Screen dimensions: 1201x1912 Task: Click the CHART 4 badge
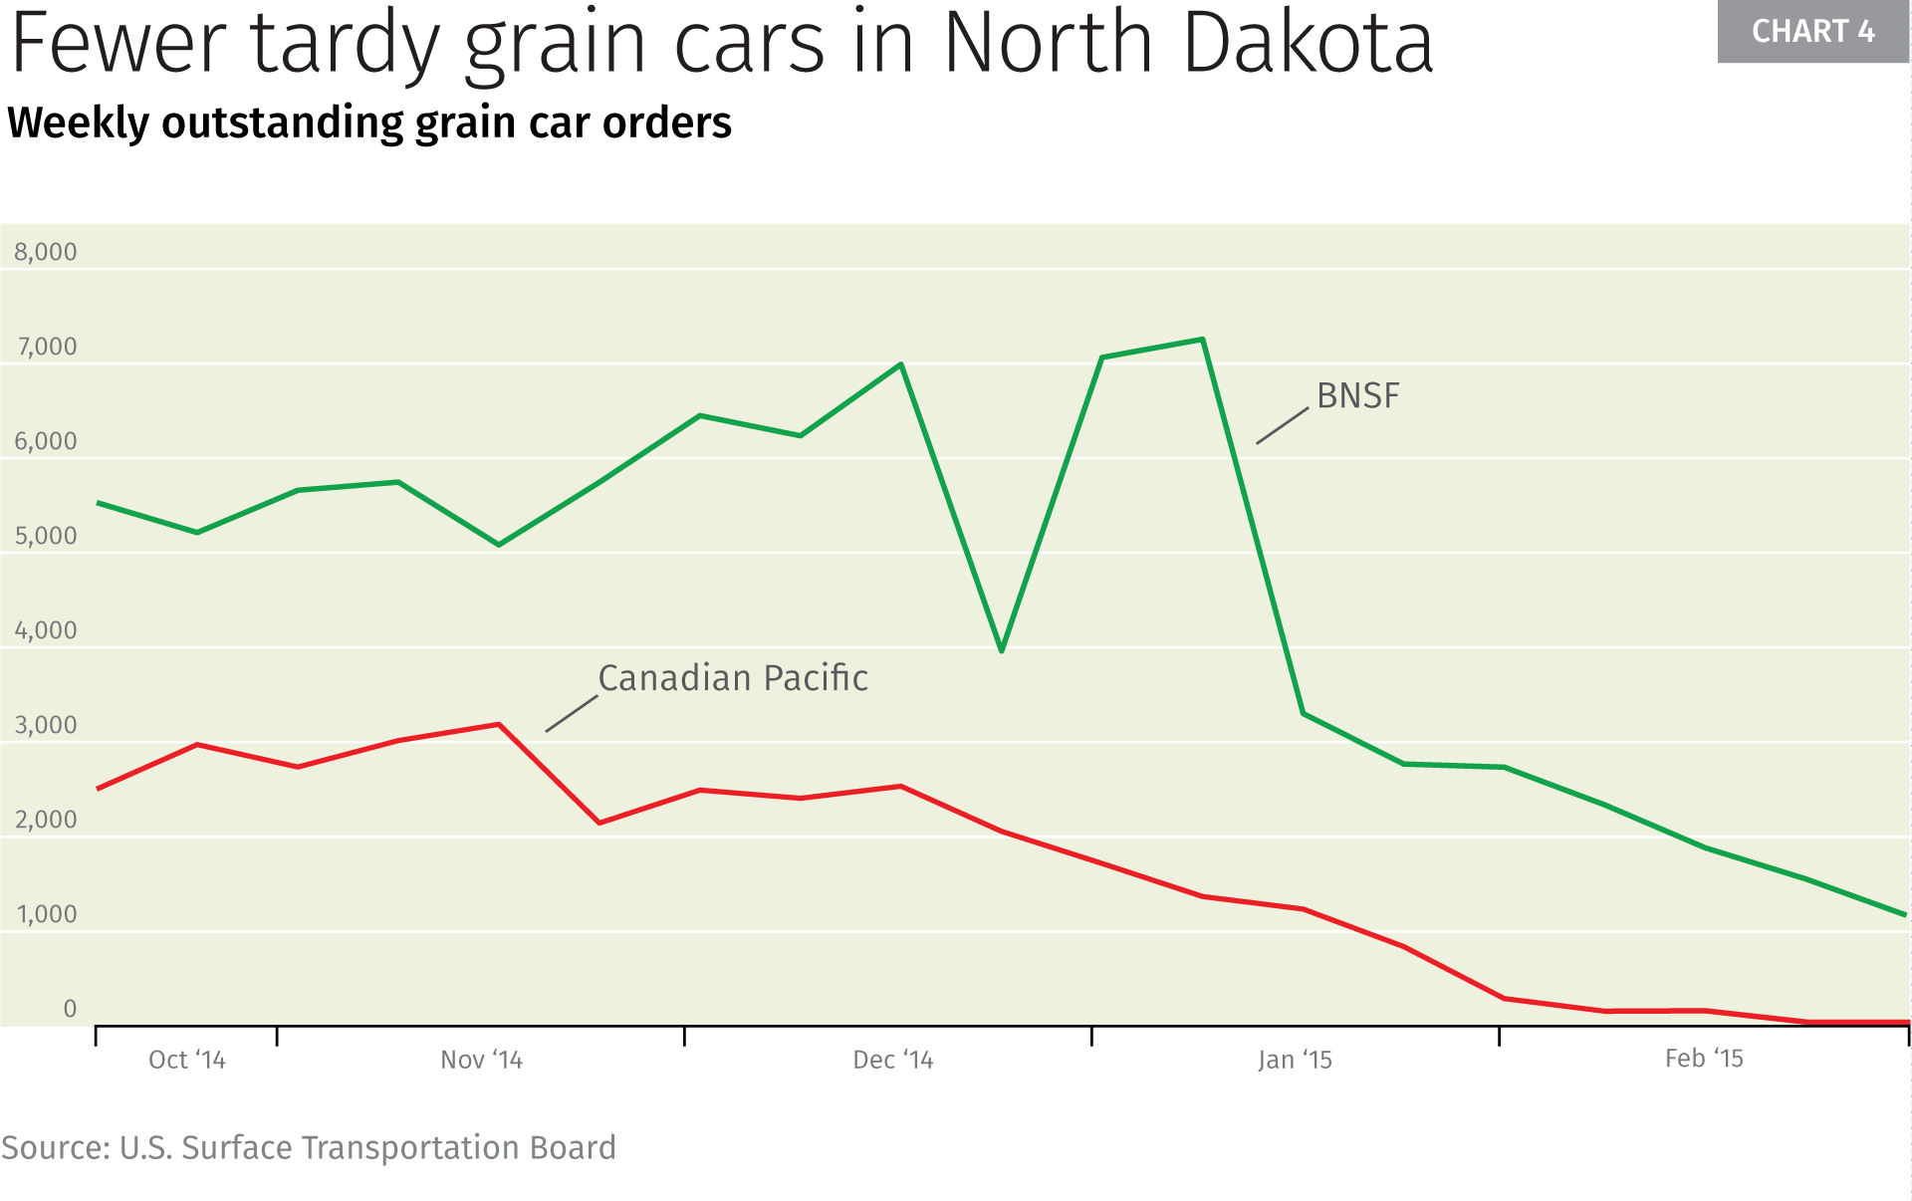tap(1812, 32)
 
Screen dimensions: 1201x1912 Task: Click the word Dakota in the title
tap(1309, 44)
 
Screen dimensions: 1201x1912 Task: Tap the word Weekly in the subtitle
tap(78, 123)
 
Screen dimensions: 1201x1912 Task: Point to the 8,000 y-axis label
tap(46, 252)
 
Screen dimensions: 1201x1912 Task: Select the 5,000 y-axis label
tap(46, 536)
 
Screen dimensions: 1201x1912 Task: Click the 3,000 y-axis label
tap(46, 725)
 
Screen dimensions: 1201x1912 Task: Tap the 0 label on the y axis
tap(70, 1009)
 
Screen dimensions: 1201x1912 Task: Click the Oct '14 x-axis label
tap(187, 1060)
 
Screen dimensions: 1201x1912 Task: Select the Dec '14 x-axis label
tap(893, 1060)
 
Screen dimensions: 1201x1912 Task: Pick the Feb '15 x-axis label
tap(1704, 1059)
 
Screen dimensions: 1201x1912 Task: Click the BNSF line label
tap(1357, 396)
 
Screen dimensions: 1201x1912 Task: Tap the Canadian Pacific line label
tap(733, 678)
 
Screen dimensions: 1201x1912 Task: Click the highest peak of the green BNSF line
tap(1203, 340)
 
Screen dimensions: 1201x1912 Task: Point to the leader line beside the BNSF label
tap(1283, 425)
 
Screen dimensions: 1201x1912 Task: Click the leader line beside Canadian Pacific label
tap(572, 714)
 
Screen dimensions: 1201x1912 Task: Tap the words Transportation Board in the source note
tap(458, 1148)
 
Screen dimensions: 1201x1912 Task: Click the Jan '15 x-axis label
tap(1295, 1060)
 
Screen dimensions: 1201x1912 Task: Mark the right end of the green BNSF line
tap(1904, 914)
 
